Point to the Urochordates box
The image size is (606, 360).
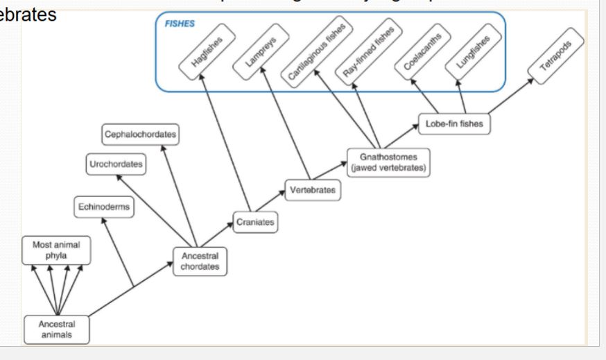116,164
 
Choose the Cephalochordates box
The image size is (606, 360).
140,133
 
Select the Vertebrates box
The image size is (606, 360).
313,189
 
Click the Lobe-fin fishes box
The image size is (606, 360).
455,123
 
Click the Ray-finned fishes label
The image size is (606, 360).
368,47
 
